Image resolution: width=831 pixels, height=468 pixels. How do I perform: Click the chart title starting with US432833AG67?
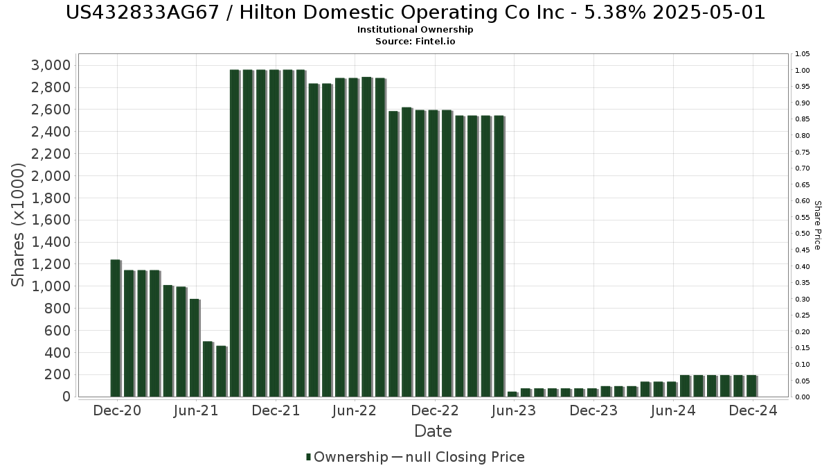click(415, 12)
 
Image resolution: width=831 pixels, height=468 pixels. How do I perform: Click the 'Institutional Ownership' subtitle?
click(415, 30)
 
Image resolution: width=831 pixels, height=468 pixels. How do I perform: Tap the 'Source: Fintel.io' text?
click(415, 41)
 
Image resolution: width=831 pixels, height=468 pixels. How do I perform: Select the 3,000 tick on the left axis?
click(51, 65)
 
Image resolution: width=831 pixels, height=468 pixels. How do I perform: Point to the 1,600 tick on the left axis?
click(51, 220)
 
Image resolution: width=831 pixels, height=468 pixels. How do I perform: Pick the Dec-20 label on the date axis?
click(117, 410)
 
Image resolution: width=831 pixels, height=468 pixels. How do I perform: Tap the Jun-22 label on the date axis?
click(355, 410)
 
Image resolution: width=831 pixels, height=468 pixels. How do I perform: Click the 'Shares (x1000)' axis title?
click(19, 225)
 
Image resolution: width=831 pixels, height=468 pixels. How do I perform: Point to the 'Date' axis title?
click(433, 432)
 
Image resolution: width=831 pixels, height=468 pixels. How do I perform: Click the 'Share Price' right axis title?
click(817, 225)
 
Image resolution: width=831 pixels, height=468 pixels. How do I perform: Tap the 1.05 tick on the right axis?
click(803, 54)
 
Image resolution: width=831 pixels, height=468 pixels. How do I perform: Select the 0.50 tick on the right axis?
click(803, 234)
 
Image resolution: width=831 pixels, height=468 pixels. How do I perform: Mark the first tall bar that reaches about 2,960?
click(234, 233)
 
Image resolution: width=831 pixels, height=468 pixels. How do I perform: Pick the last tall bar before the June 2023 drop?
click(499, 256)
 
